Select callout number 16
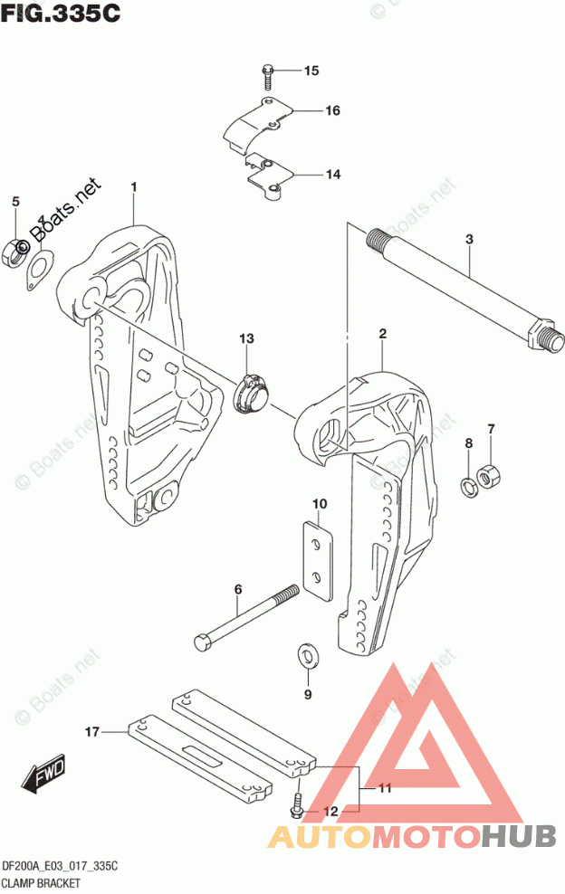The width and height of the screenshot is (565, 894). coord(308,111)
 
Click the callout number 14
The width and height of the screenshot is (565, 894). coord(308,174)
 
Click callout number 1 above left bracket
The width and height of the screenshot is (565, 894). coord(133,187)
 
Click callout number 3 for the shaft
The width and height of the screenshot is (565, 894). coord(469,240)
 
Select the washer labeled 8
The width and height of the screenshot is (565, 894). coord(466,486)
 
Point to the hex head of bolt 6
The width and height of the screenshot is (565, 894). coord(204,643)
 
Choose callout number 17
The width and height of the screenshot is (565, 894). coord(91,730)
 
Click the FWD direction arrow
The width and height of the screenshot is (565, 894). coord(40,776)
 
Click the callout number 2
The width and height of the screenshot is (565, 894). coord(383,334)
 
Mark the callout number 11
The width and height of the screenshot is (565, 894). coord(384,788)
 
